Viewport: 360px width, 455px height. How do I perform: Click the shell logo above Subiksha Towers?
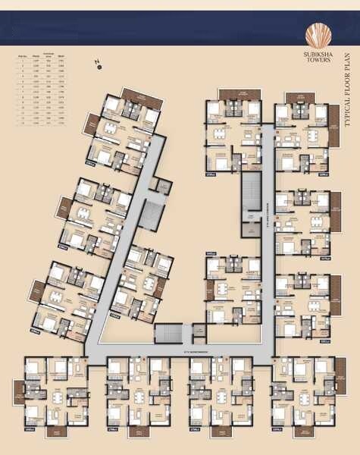point(318,35)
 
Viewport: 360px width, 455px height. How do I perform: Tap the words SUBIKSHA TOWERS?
point(318,58)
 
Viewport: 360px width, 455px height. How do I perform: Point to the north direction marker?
point(99,67)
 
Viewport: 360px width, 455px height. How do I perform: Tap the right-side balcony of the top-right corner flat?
point(334,118)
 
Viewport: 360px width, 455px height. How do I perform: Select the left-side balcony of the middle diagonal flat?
point(65,209)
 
